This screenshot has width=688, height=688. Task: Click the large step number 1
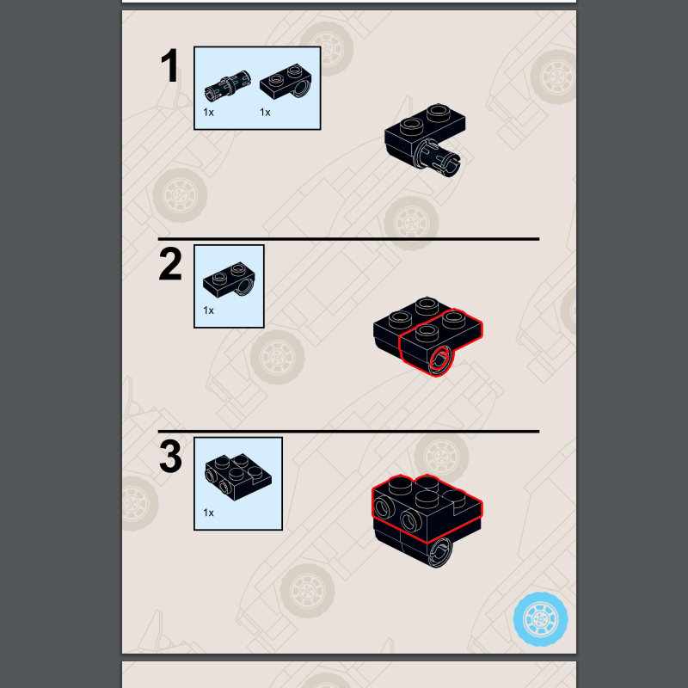click(169, 65)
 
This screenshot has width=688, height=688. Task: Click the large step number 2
click(170, 263)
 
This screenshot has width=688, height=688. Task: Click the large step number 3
click(170, 457)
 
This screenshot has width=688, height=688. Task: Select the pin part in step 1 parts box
click(228, 86)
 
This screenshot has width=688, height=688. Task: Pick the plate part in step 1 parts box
click(286, 82)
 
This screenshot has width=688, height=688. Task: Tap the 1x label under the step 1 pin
click(208, 113)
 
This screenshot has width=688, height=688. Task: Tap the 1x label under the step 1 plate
click(265, 113)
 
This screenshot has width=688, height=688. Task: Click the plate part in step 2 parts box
click(229, 279)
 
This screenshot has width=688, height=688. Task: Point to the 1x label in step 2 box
click(208, 310)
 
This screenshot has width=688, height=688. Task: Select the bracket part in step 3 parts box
click(238, 477)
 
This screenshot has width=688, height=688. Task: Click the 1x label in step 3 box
click(208, 513)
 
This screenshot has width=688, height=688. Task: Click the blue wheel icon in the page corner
click(541, 618)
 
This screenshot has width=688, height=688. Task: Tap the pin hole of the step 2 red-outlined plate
click(440, 360)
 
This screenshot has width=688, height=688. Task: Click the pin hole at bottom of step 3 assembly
click(440, 553)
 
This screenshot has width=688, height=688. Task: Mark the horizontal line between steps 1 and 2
click(348, 239)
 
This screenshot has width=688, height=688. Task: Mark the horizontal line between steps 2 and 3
click(348, 432)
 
